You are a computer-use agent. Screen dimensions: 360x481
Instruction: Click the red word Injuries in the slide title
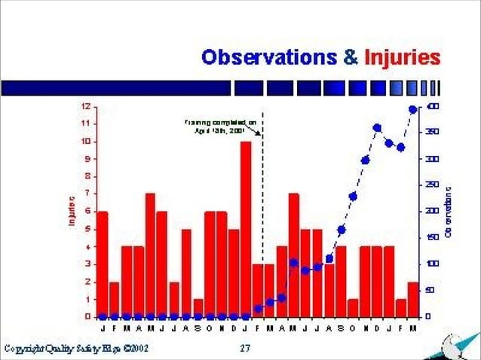[402, 57]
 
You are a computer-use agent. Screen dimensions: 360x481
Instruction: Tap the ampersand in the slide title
[349, 57]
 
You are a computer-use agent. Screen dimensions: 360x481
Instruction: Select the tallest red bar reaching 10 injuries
[246, 226]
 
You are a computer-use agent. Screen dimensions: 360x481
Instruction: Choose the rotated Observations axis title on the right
[448, 212]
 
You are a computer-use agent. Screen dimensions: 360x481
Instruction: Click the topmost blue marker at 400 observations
[412, 109]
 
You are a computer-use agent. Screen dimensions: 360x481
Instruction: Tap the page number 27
[245, 348]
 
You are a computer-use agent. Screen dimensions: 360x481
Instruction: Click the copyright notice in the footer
[75, 348]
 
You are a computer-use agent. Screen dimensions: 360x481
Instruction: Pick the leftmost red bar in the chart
[102, 264]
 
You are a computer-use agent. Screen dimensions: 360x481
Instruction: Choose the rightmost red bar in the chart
[412, 299]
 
